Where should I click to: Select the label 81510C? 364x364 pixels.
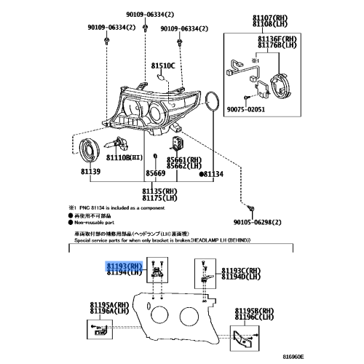(x=164, y=66)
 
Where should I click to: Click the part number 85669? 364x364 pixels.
(x=155, y=173)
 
